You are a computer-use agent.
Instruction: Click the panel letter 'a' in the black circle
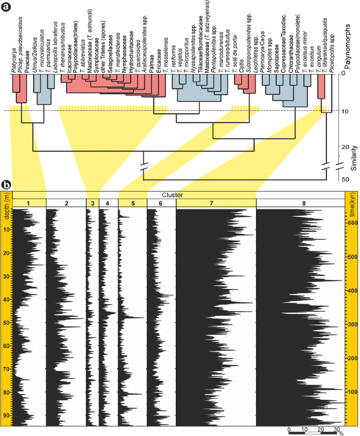[6, 6]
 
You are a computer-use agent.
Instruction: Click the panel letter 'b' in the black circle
[6, 184]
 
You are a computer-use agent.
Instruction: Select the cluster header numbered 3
[92, 203]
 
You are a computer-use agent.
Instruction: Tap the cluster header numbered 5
[132, 203]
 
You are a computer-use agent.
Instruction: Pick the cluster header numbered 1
[29, 203]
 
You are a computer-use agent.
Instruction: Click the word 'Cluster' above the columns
[172, 195]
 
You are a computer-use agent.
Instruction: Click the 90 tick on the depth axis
[6, 416]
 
